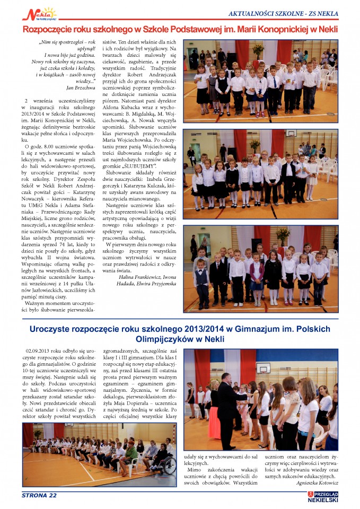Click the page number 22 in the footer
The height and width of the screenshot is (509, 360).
click(51, 496)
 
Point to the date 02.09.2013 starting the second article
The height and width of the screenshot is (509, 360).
click(38, 351)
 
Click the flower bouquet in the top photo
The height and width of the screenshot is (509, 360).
click(258, 50)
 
